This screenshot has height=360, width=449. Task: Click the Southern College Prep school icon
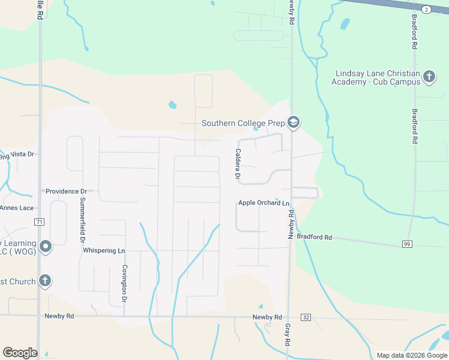[x=293, y=123]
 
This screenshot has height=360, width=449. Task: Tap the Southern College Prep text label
[x=243, y=123]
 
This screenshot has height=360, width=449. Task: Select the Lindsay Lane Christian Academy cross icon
[x=429, y=77]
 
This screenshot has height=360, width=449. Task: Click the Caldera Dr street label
[x=238, y=165]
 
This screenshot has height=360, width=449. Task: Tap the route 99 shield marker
[x=406, y=244]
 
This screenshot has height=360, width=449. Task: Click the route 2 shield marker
[x=426, y=10]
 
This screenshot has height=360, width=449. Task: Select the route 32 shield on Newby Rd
[x=306, y=317]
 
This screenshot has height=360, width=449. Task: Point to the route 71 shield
[x=39, y=221]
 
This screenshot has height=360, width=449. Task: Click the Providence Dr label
[x=66, y=191]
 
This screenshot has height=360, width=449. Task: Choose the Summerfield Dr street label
[x=83, y=219]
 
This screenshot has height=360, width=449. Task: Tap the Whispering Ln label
[x=104, y=250]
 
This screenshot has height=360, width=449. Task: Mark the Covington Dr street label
[x=125, y=283]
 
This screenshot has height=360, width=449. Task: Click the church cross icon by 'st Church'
[x=44, y=281]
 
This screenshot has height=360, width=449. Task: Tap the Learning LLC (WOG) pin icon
[x=44, y=246]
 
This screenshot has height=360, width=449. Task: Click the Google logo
[x=19, y=353]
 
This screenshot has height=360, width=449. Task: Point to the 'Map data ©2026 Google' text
[x=411, y=355]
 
